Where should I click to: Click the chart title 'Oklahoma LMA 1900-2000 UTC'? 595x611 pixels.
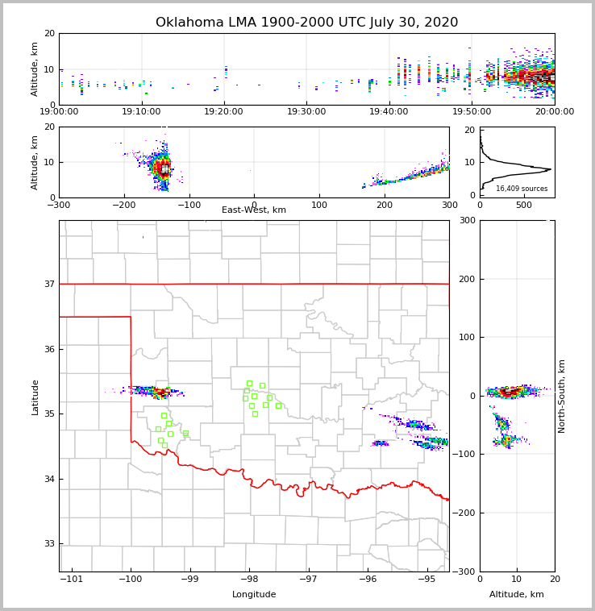point(306,23)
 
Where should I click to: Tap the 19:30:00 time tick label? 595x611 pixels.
point(306,112)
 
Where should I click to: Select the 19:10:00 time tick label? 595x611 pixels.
point(141,112)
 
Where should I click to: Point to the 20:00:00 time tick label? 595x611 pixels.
point(553,112)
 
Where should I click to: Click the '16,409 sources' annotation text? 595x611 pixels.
point(522,189)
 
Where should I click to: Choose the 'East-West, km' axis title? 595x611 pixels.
point(254,210)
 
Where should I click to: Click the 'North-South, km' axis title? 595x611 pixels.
point(562,396)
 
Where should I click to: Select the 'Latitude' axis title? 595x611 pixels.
point(35,397)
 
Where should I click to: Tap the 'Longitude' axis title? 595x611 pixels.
point(254,595)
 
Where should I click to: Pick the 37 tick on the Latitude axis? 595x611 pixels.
point(48,284)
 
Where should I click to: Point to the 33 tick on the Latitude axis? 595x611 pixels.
point(48,544)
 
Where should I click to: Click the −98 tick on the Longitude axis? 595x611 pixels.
point(248,579)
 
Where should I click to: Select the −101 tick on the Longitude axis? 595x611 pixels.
point(71,579)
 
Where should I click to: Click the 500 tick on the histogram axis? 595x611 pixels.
point(524,205)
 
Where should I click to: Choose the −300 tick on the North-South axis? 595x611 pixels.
point(466,572)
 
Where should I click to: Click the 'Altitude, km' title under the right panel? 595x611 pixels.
point(517,595)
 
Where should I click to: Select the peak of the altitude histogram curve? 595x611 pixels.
point(551,169)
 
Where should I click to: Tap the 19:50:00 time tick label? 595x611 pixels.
point(472,112)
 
